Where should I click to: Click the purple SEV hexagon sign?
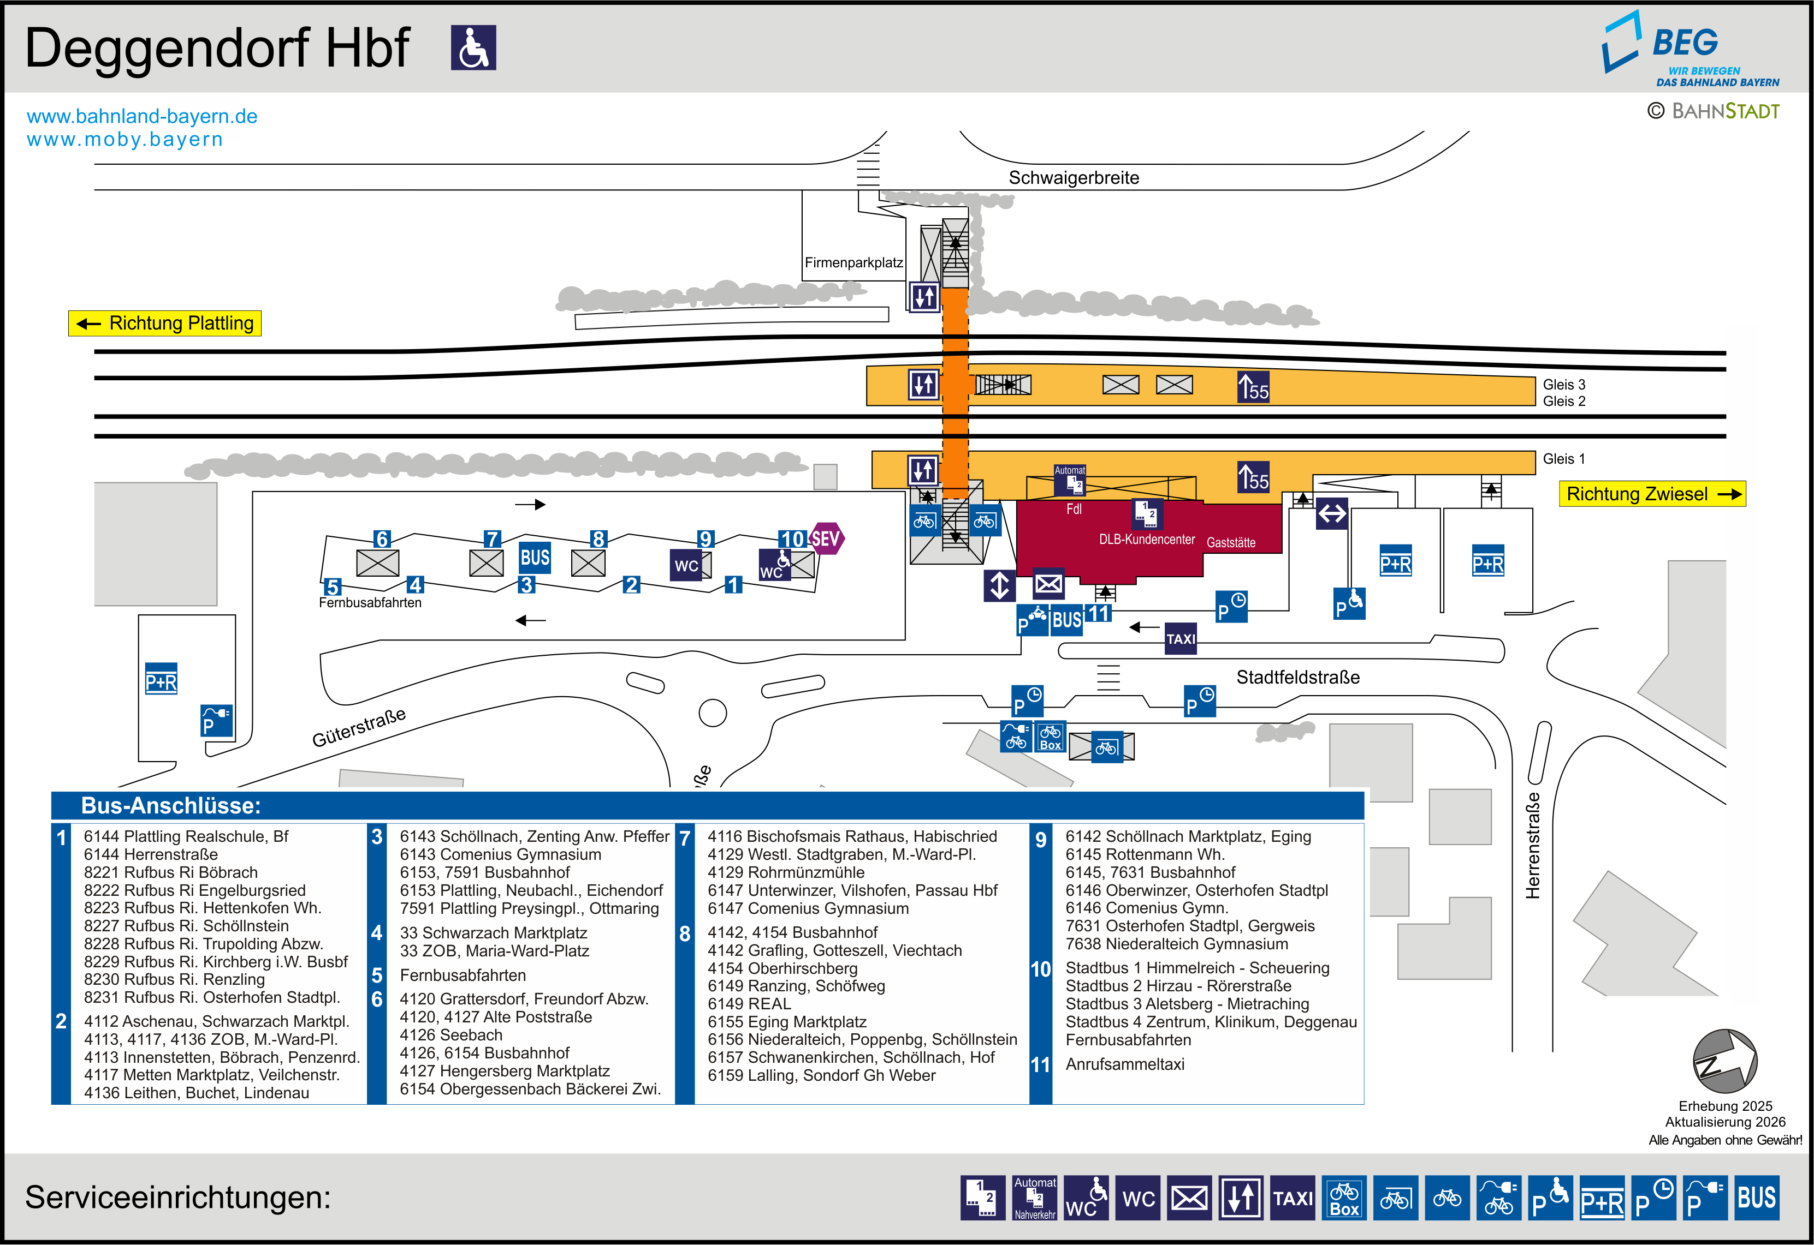[x=826, y=538]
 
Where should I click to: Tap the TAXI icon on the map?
[x=1180, y=638]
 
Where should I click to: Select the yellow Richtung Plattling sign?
[x=165, y=323]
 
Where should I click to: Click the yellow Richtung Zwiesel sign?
[x=1652, y=494]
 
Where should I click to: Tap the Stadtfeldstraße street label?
[x=1297, y=677]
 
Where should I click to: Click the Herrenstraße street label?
[x=1533, y=846]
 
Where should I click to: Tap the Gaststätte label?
[x=1231, y=542]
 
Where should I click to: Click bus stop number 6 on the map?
[x=381, y=538]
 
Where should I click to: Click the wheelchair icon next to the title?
[x=473, y=47]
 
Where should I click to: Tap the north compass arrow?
[x=1724, y=1061]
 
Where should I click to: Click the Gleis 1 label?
[x=1563, y=459]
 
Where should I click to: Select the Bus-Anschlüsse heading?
[x=171, y=806]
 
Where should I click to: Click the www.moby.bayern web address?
[x=125, y=140]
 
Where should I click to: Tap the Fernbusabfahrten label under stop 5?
[x=370, y=602]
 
